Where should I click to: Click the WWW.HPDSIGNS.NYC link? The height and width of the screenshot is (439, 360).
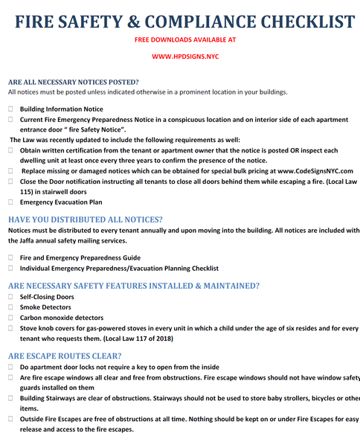tap(180, 55)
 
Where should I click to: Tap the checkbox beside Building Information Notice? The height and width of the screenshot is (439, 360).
tap(11, 109)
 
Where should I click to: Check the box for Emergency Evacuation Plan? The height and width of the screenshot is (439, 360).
tap(11, 202)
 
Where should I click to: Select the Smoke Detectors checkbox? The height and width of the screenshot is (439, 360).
tap(11, 307)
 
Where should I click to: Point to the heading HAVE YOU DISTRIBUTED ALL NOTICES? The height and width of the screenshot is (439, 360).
tap(85, 219)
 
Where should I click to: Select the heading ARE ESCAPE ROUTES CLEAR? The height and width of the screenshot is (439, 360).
tap(66, 355)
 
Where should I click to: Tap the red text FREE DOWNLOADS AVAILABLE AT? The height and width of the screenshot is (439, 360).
tap(180, 39)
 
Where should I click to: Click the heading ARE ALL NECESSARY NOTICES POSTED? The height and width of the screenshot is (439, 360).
tap(73, 81)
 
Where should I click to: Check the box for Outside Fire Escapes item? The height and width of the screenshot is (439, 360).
tap(11, 419)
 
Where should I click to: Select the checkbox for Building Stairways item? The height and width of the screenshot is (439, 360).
tap(11, 398)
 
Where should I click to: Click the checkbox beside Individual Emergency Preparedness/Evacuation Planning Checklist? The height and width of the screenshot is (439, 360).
tap(11, 268)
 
